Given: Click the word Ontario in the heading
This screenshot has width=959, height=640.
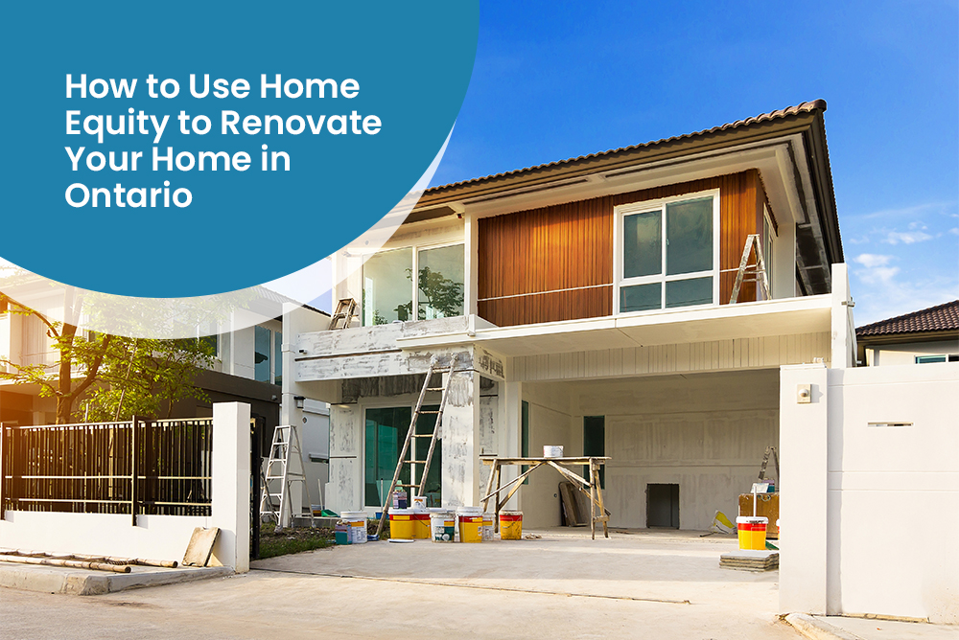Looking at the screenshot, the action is point(129,195).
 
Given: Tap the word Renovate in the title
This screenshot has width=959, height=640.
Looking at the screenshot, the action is point(301,123).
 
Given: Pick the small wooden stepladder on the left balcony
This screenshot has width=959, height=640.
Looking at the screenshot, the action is point(343,314).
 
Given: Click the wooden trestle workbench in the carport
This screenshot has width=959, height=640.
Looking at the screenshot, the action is point(545,496).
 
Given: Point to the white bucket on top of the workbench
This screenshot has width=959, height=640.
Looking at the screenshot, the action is point(553,451).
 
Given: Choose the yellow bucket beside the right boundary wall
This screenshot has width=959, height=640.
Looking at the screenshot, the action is point(752,533).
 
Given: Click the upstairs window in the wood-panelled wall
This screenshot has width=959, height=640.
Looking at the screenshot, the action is point(667,252).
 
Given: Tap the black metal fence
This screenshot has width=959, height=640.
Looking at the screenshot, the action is point(107,467).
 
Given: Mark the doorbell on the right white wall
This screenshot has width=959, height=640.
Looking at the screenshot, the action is point(804,394).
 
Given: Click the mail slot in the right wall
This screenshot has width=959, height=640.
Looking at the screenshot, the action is point(890,424).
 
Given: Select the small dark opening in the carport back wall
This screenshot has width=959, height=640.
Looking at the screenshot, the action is point(663,506).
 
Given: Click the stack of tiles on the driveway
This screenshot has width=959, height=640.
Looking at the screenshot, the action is point(749,560).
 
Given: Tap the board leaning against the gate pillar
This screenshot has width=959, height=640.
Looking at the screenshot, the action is point(201,546).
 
